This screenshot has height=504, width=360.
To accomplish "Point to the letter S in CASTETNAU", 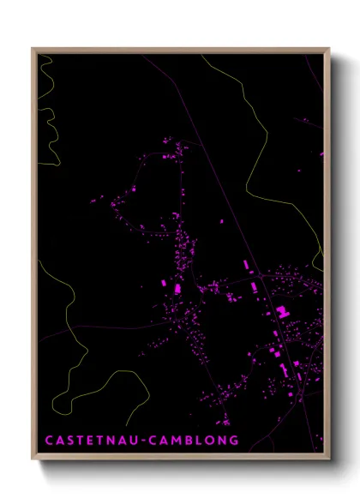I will pyautogui.click(x=70, y=441).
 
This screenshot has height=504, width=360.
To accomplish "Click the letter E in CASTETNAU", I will pyautogui.click(x=92, y=441).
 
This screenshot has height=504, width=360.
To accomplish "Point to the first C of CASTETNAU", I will pyautogui.click(x=48, y=441).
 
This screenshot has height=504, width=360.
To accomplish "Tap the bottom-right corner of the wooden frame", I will pyautogui.click(x=329, y=454).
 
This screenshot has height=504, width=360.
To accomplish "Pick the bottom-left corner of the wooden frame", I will pyautogui.click(x=33, y=454).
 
